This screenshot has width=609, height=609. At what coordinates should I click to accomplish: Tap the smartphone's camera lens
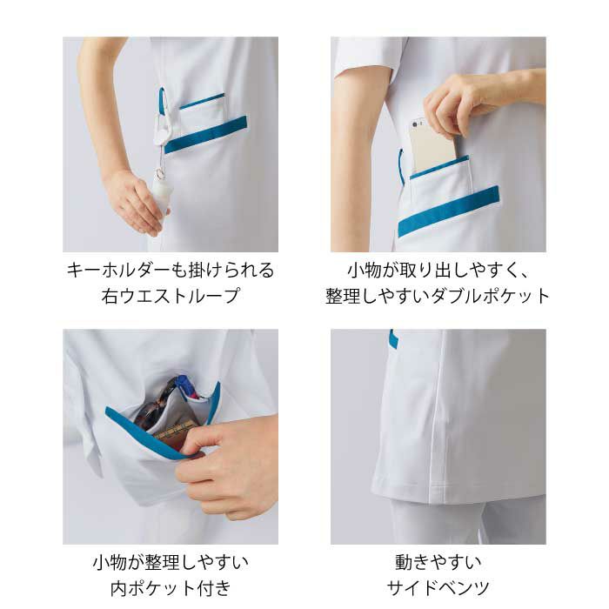(415, 124)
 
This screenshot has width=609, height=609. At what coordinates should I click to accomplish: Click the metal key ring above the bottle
(160, 173)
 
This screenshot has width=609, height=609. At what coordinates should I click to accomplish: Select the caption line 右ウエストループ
(171, 296)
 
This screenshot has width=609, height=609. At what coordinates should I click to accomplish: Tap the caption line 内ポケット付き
(171, 588)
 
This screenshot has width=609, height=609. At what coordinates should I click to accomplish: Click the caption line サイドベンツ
(438, 588)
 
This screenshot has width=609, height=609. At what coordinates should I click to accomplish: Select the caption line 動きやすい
(438, 562)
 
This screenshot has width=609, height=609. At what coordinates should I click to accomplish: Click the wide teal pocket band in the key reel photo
(205, 134)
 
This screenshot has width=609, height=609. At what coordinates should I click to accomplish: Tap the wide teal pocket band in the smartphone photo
(448, 211)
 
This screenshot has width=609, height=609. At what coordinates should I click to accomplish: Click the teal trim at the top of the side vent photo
(394, 338)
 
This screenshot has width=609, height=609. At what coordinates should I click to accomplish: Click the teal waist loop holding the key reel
(163, 102)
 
